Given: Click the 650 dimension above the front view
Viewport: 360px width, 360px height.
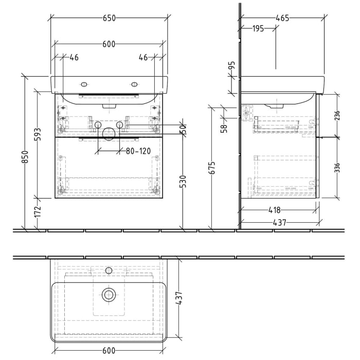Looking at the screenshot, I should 109,17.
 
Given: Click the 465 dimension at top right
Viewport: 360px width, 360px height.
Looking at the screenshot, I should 282,17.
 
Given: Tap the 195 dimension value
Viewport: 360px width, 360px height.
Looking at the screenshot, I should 258,29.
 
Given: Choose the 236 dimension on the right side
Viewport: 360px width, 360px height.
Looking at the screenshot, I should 336,116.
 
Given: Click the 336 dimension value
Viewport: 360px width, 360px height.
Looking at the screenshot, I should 336,168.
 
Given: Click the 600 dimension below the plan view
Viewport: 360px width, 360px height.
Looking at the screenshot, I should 109,351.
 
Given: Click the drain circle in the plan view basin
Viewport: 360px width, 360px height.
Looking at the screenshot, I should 109,294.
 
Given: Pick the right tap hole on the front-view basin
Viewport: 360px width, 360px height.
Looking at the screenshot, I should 135,84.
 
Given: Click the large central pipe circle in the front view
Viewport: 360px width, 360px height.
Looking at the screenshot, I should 109,133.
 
